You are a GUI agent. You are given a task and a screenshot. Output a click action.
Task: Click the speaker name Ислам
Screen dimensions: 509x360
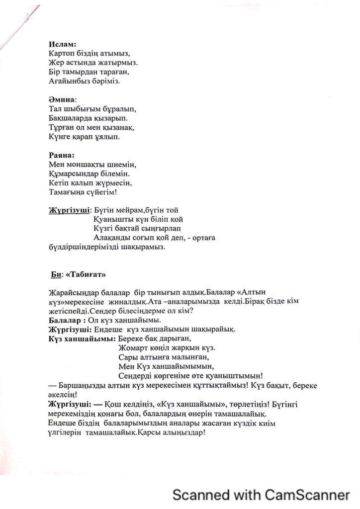coord(62,44)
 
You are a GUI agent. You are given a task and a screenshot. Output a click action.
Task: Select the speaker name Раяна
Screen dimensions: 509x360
coord(61,155)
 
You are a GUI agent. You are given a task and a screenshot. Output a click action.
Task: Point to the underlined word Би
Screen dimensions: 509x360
coord(55,274)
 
